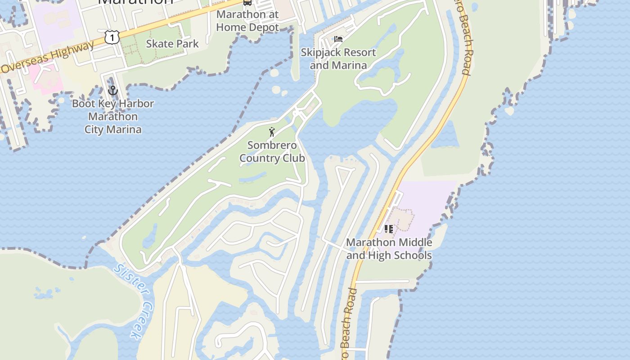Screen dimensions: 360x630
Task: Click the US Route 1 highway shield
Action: tap(112, 37)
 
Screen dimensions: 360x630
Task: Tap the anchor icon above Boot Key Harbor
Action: tap(112, 90)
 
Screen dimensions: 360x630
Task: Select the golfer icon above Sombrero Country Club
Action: tap(272, 132)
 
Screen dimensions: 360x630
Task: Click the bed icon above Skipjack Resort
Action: tap(338, 39)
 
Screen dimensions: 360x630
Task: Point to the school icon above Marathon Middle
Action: tap(389, 229)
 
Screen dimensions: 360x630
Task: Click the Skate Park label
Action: tap(172, 44)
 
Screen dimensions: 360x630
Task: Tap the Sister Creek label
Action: tap(130, 301)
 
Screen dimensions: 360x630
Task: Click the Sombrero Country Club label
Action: tap(272, 152)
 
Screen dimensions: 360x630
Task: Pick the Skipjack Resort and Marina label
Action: tap(338, 59)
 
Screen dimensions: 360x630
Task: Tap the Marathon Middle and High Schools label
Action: tap(389, 249)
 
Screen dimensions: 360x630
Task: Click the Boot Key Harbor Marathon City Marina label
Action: tap(113, 117)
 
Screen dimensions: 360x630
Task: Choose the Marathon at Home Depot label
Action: tap(247, 21)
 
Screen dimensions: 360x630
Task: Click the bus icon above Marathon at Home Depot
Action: tap(247, 2)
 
